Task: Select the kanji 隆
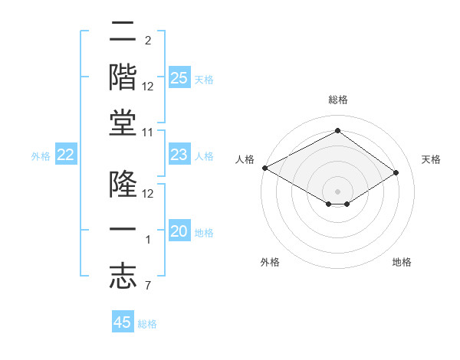click(x=123, y=185)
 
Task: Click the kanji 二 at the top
click(x=123, y=33)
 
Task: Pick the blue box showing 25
click(x=179, y=78)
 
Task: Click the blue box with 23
click(x=179, y=155)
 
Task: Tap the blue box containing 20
click(x=179, y=232)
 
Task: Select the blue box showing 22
click(x=66, y=155)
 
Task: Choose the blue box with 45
click(x=123, y=322)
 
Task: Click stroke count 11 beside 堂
click(x=148, y=132)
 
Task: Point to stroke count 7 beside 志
click(x=148, y=285)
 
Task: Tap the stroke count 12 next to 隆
click(x=148, y=193)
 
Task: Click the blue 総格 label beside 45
click(x=147, y=324)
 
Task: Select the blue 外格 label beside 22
click(x=41, y=156)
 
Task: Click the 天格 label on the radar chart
click(x=431, y=159)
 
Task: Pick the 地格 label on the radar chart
click(x=402, y=262)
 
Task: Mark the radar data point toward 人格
click(x=264, y=168)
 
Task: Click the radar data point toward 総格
click(x=337, y=131)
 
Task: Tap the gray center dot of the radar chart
click(x=337, y=191)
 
